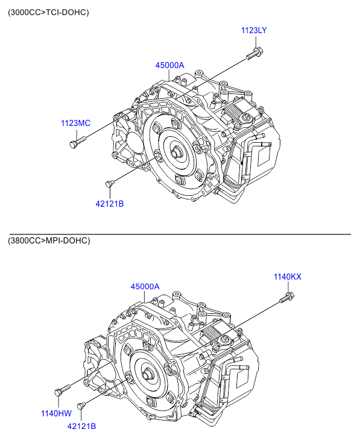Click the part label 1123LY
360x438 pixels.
[254, 30]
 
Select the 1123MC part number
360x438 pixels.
[76, 123]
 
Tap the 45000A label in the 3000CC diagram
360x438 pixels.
[169, 65]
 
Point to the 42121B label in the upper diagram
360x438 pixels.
[110, 204]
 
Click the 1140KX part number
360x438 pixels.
[287, 277]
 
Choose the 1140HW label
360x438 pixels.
[56, 413]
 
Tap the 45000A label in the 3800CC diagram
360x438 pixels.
[145, 287]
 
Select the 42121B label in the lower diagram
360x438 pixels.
[81, 427]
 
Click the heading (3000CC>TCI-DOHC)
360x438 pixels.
[48, 13]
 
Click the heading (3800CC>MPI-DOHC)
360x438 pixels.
[49, 240]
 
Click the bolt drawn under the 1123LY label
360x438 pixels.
[254, 54]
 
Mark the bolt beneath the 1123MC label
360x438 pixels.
[77, 142]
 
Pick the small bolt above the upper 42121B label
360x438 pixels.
[110, 183]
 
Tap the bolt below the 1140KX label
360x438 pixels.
[287, 297]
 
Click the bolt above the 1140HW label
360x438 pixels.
[62, 390]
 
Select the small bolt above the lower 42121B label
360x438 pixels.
[81, 405]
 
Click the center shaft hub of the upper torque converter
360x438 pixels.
[176, 153]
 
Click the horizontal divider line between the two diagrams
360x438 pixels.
[180, 234]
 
